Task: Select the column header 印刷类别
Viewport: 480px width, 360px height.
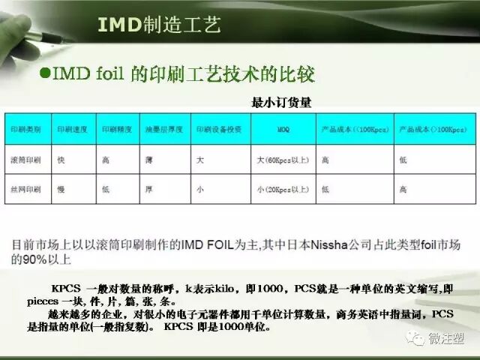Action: pos(24,129)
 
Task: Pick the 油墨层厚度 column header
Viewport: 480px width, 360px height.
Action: pos(161,129)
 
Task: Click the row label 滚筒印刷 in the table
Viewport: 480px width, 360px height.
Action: pos(24,160)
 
